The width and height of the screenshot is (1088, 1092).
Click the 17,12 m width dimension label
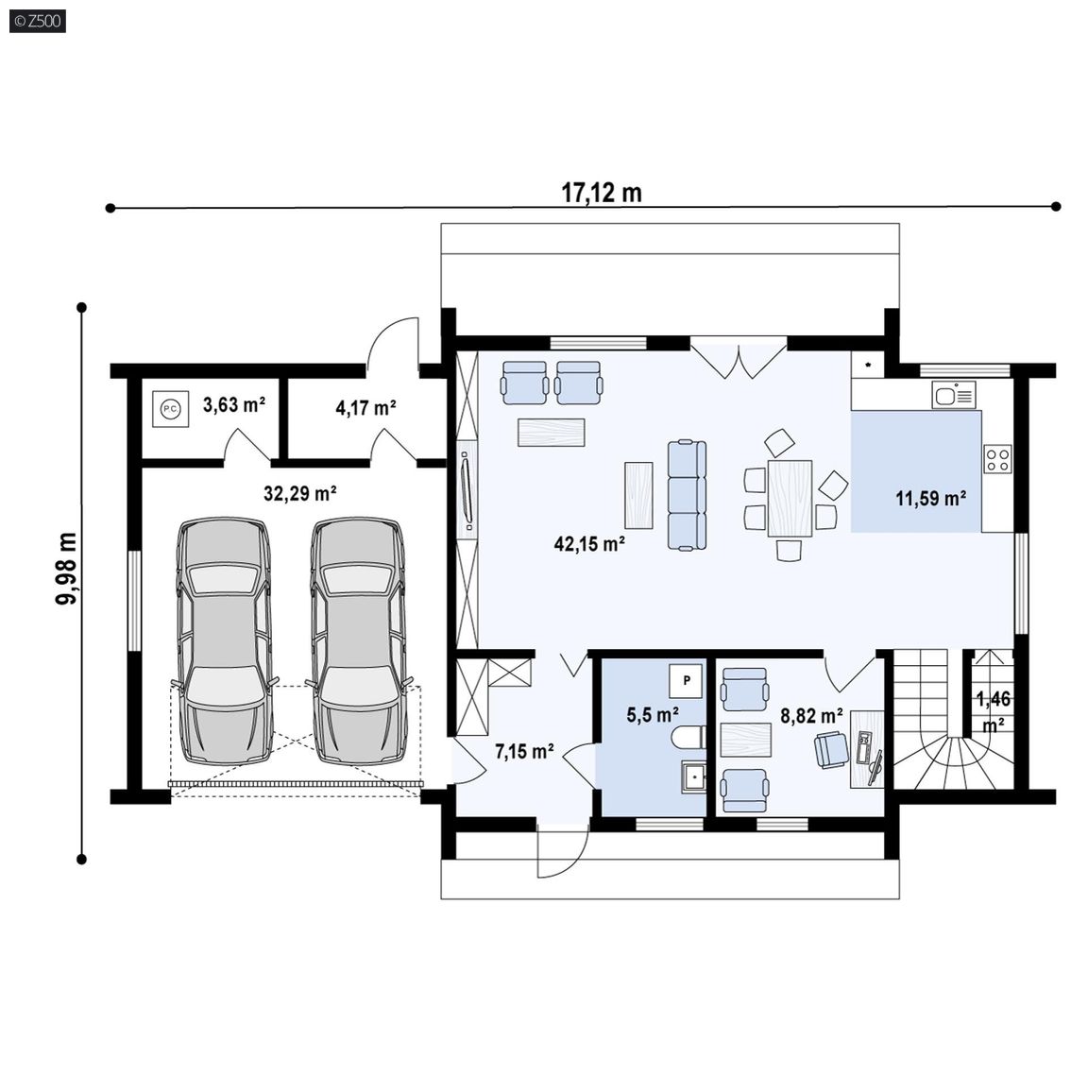point(602,192)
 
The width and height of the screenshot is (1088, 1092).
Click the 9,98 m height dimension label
point(67,569)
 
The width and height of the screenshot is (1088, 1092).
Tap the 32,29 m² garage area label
point(300,494)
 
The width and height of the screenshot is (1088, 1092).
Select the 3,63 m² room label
point(234,404)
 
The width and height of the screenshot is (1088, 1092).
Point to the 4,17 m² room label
point(366,407)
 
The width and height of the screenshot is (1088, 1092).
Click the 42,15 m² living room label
point(589,543)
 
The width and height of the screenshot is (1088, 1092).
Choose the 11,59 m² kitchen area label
point(930,498)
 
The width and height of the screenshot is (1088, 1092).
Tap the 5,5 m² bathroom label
point(653,714)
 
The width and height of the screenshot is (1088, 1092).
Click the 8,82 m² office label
point(811,715)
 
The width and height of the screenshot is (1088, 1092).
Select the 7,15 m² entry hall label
point(525,751)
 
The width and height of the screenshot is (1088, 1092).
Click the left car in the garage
point(224,640)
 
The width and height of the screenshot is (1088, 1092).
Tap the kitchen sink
point(954,395)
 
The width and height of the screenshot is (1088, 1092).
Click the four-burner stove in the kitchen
point(997,459)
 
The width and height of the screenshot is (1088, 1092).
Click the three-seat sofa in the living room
point(687,495)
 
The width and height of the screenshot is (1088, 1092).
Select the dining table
point(790,498)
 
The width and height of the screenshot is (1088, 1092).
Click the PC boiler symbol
point(171,409)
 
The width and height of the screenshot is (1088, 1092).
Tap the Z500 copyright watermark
point(39,21)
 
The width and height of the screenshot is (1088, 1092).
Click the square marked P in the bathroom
point(687,680)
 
